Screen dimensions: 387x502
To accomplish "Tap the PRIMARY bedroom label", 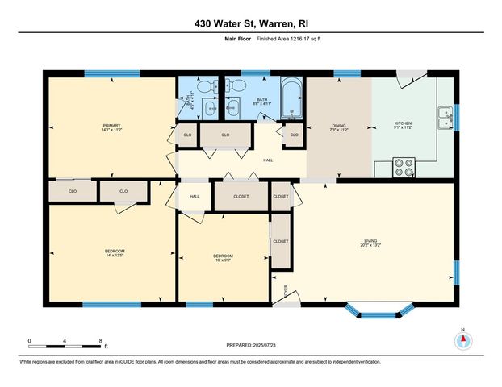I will click(x=111, y=127).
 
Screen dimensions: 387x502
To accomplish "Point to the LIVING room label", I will click(x=370, y=241).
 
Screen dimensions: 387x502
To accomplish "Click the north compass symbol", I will click(x=462, y=340).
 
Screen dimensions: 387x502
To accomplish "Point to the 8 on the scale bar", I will click(x=100, y=340).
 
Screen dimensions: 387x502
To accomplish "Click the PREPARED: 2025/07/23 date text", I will click(x=250, y=344).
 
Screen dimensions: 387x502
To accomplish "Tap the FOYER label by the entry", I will click(x=283, y=292).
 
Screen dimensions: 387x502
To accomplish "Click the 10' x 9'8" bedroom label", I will click(x=223, y=259).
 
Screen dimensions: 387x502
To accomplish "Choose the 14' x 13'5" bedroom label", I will click(x=114, y=254).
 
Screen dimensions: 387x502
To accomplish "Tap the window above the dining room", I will click(x=347, y=73).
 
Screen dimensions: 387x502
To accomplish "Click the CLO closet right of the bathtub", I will click(x=294, y=135).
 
